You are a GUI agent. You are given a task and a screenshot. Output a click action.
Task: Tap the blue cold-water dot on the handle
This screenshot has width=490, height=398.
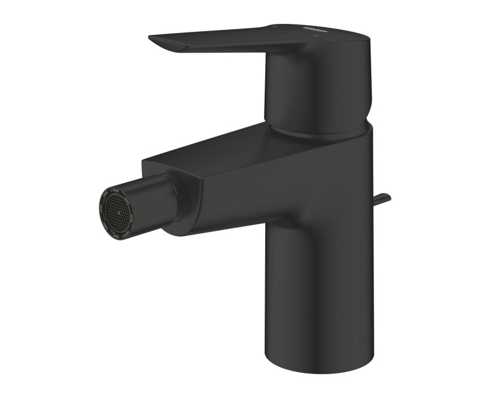(316, 37)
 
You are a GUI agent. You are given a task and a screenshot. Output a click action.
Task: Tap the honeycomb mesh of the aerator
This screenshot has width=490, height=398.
(112, 205)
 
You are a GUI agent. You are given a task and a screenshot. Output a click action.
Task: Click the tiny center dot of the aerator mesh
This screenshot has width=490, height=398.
(112, 205)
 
